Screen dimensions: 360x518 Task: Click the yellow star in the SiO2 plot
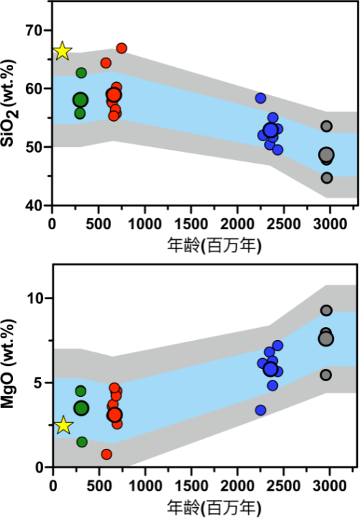click(x=63, y=52)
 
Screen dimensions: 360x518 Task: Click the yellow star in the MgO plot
click(x=63, y=426)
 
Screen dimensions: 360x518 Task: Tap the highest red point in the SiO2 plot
click(x=122, y=48)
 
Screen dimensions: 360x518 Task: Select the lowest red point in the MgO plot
click(x=107, y=455)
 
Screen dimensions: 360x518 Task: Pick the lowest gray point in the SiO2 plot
click(x=327, y=178)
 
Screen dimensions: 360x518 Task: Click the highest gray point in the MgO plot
click(x=326, y=311)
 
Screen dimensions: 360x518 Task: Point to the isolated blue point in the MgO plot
click(x=261, y=411)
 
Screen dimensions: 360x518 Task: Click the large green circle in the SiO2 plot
click(x=80, y=99)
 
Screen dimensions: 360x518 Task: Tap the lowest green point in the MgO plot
click(x=82, y=442)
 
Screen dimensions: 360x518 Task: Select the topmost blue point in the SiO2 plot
click(x=261, y=98)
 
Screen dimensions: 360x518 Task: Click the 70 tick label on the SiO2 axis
click(x=34, y=30)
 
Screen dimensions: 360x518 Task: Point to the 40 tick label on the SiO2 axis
click(x=34, y=205)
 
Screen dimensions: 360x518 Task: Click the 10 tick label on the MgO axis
click(x=35, y=298)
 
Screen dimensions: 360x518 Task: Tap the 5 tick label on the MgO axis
click(x=39, y=383)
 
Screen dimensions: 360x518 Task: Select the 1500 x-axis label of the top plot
click(x=191, y=224)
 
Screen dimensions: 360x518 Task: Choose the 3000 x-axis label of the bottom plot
click(x=329, y=486)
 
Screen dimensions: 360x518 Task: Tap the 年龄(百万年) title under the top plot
click(x=215, y=246)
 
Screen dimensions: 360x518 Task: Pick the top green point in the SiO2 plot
click(x=81, y=73)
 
